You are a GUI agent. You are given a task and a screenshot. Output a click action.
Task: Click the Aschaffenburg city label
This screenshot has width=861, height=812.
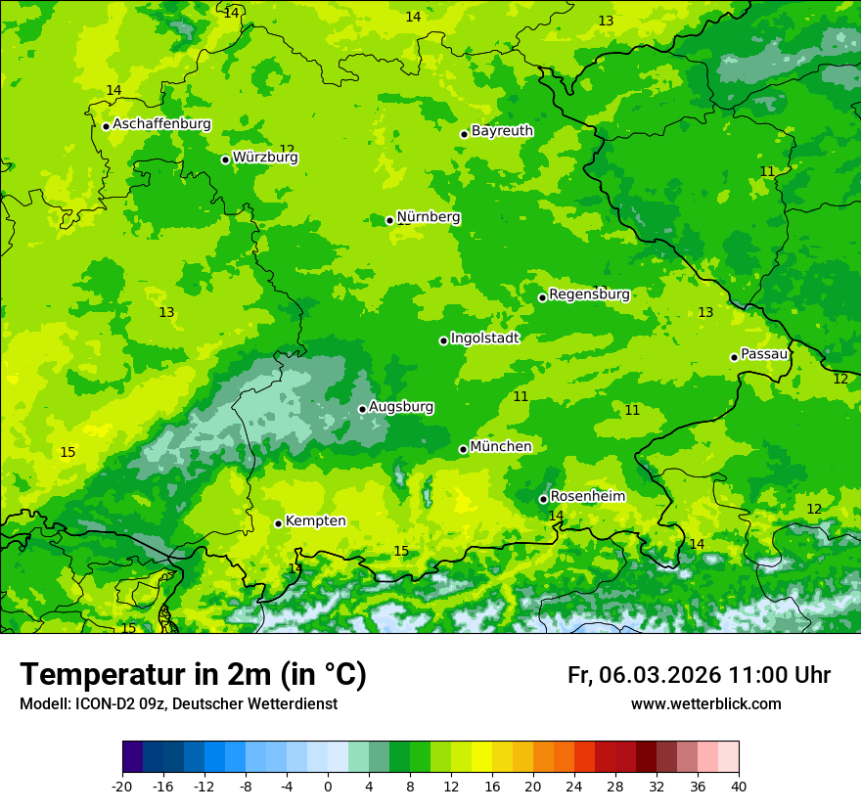[x=161, y=124]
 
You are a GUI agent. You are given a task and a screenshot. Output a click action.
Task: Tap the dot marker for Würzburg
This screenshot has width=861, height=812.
[x=225, y=159]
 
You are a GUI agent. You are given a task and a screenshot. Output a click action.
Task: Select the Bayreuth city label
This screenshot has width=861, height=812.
[x=502, y=130]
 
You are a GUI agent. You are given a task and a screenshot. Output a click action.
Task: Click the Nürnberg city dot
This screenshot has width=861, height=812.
[x=389, y=220]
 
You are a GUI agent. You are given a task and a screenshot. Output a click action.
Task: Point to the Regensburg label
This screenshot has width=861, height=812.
[x=589, y=294]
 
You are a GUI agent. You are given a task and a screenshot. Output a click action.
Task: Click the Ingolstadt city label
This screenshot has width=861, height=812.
[x=484, y=338]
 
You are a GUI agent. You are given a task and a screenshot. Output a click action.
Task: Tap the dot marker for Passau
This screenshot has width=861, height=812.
[x=734, y=357]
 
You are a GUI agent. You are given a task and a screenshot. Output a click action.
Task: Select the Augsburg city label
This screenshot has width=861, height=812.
[x=401, y=407]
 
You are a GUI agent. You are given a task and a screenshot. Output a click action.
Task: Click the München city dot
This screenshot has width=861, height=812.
[x=464, y=449]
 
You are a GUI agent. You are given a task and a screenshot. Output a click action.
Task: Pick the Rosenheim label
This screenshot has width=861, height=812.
[x=587, y=497]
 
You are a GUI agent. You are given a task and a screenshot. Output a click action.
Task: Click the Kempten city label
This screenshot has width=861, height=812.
[x=315, y=521]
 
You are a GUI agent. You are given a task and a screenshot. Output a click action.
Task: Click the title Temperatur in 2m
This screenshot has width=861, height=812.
[x=193, y=675]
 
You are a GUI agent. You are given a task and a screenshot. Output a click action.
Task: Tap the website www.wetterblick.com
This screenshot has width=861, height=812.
[x=705, y=704]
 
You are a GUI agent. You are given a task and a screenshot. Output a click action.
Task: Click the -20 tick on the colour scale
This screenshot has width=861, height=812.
[x=122, y=786]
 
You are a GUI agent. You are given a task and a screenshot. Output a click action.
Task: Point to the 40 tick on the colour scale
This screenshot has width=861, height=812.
[x=738, y=786]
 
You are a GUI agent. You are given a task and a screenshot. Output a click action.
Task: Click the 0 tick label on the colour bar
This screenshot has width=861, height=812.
[x=328, y=786]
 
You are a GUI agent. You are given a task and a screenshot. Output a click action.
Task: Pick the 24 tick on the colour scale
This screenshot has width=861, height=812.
[x=574, y=786]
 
